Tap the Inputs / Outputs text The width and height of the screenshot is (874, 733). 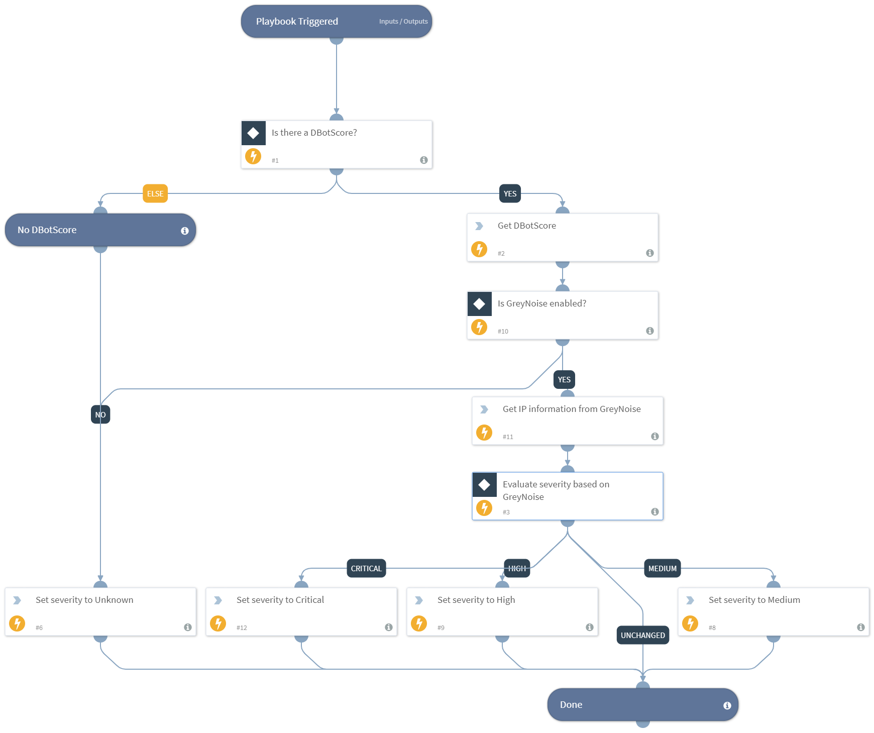click(403, 22)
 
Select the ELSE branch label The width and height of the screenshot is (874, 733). click(155, 194)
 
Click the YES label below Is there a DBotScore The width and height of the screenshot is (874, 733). click(510, 194)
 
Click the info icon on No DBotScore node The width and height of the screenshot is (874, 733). click(185, 231)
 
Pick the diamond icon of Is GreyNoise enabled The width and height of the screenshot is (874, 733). click(479, 304)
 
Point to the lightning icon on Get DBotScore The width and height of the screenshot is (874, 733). click(479, 249)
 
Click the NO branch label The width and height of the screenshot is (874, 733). click(100, 415)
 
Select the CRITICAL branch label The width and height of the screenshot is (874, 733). click(366, 569)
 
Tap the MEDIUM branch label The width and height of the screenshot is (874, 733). click(662, 569)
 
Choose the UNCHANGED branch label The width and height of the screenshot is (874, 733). click(642, 636)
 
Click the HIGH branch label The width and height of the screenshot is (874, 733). click(517, 569)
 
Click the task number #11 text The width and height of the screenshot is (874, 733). click(508, 437)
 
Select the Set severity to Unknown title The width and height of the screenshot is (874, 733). click(84, 600)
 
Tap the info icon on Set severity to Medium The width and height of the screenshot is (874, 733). click(860, 627)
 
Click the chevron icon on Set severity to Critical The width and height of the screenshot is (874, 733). click(218, 600)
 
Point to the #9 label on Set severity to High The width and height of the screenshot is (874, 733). click(441, 628)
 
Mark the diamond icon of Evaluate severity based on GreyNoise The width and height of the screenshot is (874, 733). click(484, 485)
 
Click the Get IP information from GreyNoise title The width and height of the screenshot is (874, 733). click(572, 409)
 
